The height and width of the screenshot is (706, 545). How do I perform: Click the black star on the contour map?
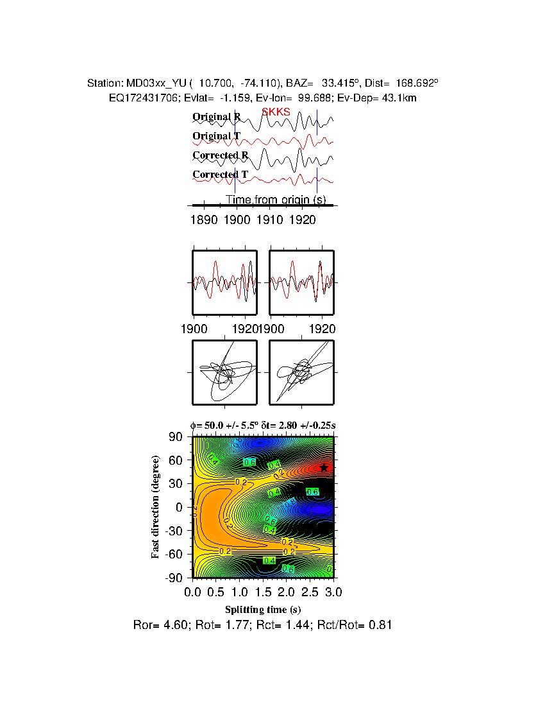point(324,468)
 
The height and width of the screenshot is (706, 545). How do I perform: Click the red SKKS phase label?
point(276,112)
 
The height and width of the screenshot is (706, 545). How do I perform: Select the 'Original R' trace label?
point(217,117)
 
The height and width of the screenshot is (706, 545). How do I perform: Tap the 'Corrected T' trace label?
point(220,175)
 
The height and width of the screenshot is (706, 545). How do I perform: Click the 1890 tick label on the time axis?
point(204,220)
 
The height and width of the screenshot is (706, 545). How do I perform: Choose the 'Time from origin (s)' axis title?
point(276,200)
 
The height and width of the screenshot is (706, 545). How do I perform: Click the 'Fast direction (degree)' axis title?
point(156,507)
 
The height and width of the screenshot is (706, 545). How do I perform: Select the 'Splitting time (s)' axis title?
point(263,609)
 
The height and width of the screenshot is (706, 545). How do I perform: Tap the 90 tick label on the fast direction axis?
point(176,436)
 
